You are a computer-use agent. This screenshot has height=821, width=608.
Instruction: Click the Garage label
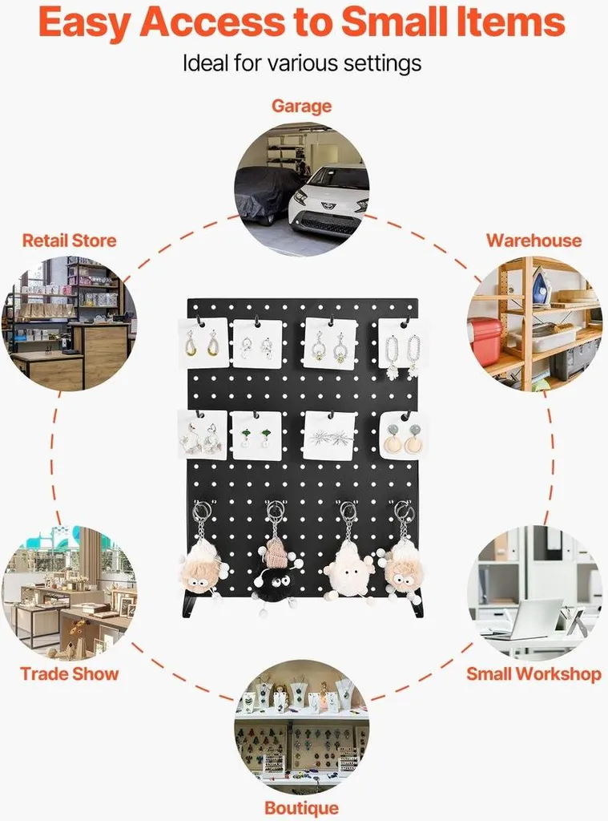click(301, 106)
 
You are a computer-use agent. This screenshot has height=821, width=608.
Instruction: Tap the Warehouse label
click(534, 241)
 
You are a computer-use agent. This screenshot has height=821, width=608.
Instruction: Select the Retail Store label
click(69, 241)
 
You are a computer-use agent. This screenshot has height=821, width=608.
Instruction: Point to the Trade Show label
click(69, 673)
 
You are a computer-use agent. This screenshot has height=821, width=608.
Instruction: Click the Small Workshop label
click(534, 673)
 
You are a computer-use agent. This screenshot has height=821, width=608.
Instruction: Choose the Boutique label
click(301, 808)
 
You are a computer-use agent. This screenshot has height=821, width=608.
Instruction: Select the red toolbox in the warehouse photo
click(485, 339)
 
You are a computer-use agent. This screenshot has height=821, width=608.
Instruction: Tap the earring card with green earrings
click(256, 435)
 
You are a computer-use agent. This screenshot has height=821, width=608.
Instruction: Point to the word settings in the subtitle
click(382, 64)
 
